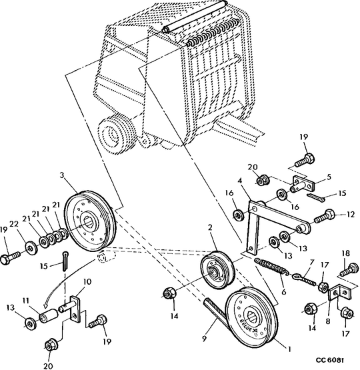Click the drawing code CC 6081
330,360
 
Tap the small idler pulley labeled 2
217,270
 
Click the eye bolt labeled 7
304,279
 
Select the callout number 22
14,224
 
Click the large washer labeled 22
31,248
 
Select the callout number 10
87,281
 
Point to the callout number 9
204,339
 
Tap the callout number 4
240,181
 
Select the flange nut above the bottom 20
50,345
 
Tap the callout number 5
329,177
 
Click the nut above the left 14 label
169,293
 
